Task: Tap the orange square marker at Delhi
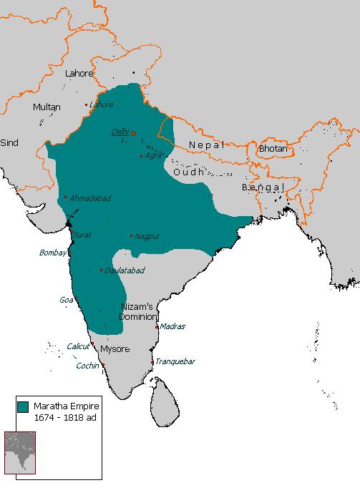pyautogui.click(x=132, y=133)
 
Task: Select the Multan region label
pyautogui.click(x=47, y=107)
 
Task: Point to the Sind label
pyautogui.click(x=9, y=143)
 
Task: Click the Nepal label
pyautogui.click(x=206, y=145)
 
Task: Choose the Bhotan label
pyautogui.click(x=272, y=149)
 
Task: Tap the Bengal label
pyautogui.click(x=263, y=187)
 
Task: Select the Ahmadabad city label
pyautogui.click(x=91, y=198)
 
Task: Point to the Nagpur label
pyautogui.click(x=148, y=235)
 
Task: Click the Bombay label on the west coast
pyautogui.click(x=52, y=253)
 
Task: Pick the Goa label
pyautogui.click(x=66, y=301)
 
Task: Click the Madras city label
pyautogui.click(x=172, y=326)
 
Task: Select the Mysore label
pyautogui.click(x=115, y=349)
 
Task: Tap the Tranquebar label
pyautogui.click(x=175, y=362)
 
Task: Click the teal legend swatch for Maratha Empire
pyautogui.click(x=22, y=406)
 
